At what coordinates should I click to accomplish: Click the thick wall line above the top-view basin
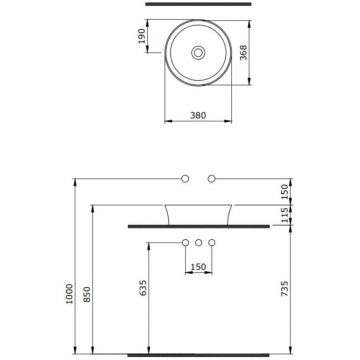pos(198,5)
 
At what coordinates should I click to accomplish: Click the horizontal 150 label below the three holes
pos(200,268)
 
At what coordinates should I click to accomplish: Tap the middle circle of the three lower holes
pos(200,244)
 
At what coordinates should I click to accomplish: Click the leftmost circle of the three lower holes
pos(187,244)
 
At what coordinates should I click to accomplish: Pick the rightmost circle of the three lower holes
pos(213,244)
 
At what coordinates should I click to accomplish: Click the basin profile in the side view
pos(199,214)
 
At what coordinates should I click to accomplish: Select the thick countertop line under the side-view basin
pos(198,227)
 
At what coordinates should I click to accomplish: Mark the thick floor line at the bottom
pos(198,354)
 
